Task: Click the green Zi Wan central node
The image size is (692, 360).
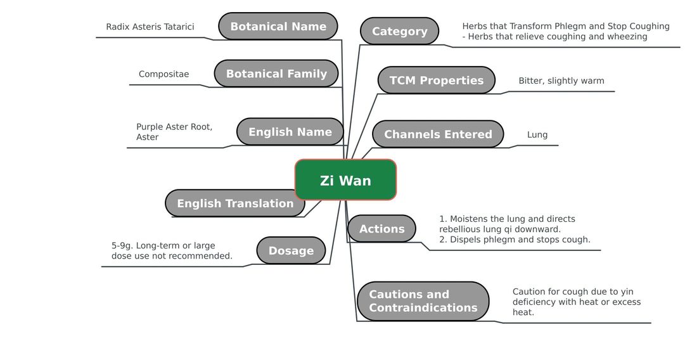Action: pos(345,180)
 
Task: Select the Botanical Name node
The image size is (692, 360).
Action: pos(278,26)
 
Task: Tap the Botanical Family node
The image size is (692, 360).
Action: pos(276,74)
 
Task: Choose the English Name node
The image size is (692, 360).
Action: pos(290,131)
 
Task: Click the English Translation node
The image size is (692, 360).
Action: pos(234,203)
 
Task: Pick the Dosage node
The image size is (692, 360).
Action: pos(291,250)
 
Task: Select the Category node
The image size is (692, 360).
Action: pos(399,31)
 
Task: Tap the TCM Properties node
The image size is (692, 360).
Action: pos(437,80)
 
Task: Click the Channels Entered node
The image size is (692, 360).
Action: pos(438,134)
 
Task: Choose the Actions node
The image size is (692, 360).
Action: pos(381,229)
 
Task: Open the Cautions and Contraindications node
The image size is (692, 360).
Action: pos(423,301)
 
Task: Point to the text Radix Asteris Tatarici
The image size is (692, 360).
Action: pos(150,27)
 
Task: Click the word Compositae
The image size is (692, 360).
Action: pos(163,74)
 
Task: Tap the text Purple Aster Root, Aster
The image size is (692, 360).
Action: pos(174,131)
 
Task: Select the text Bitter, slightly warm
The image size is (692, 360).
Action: pos(561,80)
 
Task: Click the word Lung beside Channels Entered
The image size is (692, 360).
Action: pos(537,134)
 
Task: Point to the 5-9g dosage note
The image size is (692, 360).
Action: pos(172,250)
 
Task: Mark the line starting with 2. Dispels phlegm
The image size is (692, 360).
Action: pos(515,240)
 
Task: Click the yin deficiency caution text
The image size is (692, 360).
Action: pos(577,302)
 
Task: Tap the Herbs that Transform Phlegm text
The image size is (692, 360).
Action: pos(566,31)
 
